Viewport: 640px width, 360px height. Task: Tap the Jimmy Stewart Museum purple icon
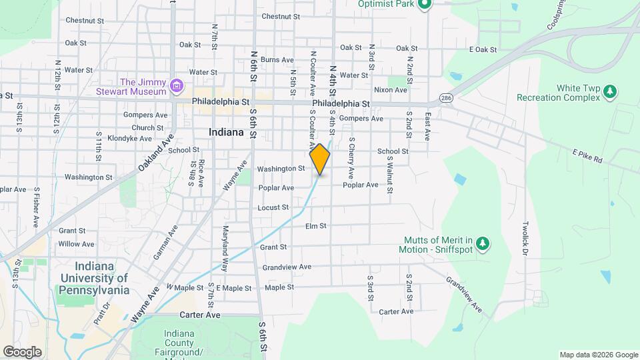[x=176, y=85]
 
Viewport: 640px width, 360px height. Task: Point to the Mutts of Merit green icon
[x=485, y=245]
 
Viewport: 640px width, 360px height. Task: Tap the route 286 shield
[x=445, y=98]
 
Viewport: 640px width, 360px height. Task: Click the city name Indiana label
[x=226, y=132]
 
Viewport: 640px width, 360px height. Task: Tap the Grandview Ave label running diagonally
[x=464, y=294]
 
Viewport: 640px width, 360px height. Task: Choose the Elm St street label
[x=315, y=226]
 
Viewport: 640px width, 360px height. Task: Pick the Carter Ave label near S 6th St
[x=199, y=314]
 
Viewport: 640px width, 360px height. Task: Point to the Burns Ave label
[x=277, y=59]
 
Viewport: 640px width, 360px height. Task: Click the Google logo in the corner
[x=22, y=351]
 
